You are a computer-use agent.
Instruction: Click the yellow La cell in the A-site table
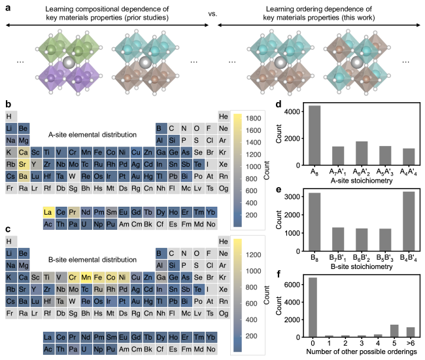point(48,212)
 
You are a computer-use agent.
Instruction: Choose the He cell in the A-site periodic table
point(223,117)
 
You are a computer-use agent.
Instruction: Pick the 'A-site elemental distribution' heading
point(93,135)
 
